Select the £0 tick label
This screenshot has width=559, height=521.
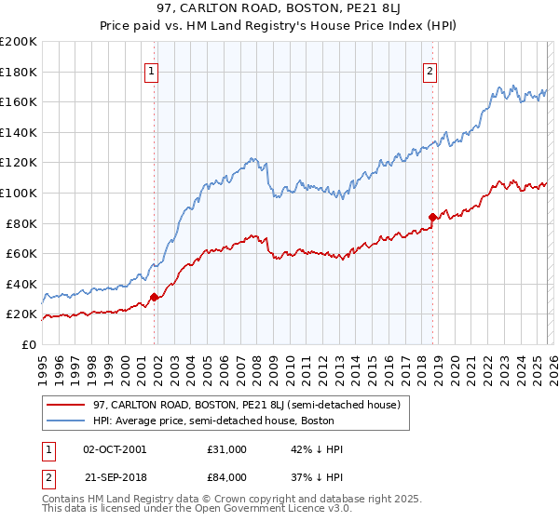[x=28, y=344]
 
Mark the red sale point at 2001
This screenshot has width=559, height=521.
[x=154, y=298]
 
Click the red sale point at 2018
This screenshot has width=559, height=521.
[x=432, y=218]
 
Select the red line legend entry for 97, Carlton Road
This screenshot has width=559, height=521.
[x=246, y=405]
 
